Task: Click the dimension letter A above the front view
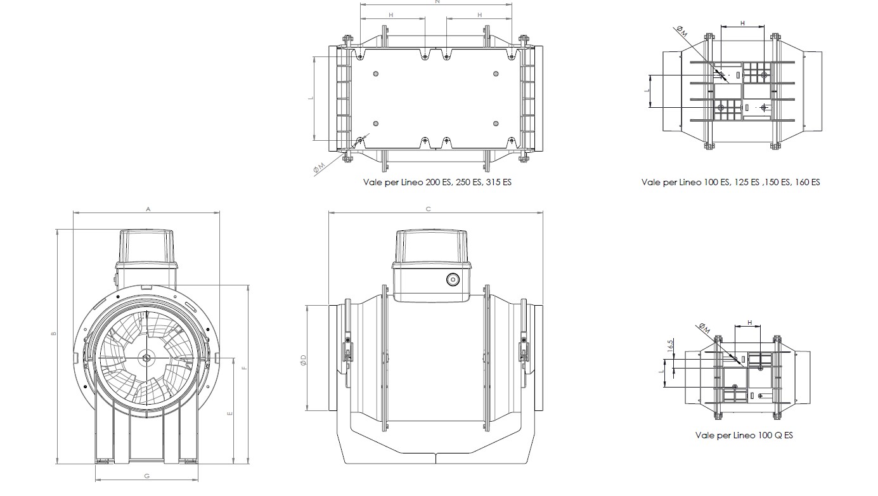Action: click(148, 208)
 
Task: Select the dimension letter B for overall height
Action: click(54, 334)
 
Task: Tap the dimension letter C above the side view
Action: click(429, 209)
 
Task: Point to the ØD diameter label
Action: click(303, 360)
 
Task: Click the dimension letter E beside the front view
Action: click(230, 413)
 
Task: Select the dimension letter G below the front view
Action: click(146, 476)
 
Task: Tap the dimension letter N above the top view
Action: click(437, 3)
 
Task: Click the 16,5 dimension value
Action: click(670, 346)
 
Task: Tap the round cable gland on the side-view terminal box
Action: click(453, 279)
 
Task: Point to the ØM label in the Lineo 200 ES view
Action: click(320, 167)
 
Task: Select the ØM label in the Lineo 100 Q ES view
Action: click(703, 327)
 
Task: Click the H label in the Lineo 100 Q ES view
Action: click(750, 323)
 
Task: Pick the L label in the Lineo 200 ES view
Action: click(311, 98)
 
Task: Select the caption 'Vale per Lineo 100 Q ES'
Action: click(744, 435)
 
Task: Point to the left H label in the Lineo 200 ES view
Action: click(391, 15)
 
